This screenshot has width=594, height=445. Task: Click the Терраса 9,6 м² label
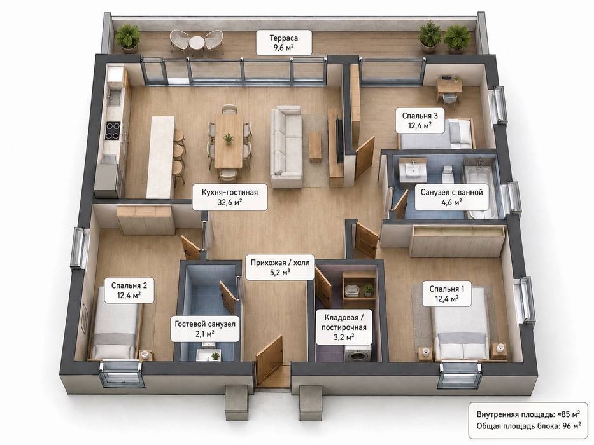(284, 43)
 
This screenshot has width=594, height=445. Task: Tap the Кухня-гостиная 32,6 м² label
(230, 197)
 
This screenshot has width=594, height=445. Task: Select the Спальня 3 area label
(420, 120)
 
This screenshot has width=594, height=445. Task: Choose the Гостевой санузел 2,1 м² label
(205, 329)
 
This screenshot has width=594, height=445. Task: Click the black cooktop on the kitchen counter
(113, 130)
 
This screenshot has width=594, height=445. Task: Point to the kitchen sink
(113, 98)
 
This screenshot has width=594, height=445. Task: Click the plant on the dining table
(229, 138)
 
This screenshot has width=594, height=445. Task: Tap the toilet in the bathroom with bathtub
(448, 174)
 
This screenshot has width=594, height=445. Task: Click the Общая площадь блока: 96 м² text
(528, 426)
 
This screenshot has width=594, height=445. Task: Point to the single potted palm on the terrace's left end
(128, 36)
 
